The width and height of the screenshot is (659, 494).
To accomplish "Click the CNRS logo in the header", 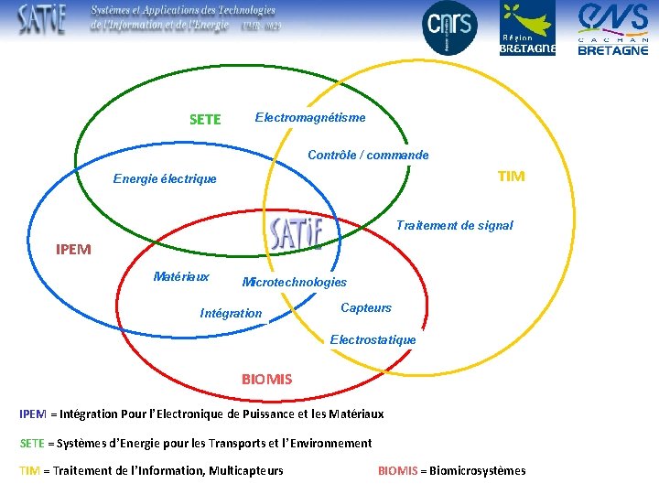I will click(x=449, y=28).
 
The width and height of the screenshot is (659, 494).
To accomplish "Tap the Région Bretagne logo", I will click(x=527, y=28).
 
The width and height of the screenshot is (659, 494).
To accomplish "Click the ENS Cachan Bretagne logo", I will click(x=613, y=28).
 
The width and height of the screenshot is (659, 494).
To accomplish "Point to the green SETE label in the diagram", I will click(x=205, y=119).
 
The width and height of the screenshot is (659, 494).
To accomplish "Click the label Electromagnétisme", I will click(x=310, y=117).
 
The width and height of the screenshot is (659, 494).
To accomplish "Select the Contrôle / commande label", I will click(x=368, y=155).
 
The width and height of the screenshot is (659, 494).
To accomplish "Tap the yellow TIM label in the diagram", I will click(x=511, y=176).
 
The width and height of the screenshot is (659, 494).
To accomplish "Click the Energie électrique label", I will click(x=165, y=178).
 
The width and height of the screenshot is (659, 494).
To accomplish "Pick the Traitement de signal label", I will click(x=454, y=225).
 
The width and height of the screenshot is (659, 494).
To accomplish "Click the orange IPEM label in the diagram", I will click(x=73, y=249).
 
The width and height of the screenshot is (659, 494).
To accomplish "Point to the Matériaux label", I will click(x=181, y=276).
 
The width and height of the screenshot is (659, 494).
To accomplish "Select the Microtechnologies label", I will click(x=294, y=282).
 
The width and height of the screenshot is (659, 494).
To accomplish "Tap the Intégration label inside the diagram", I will click(x=231, y=313).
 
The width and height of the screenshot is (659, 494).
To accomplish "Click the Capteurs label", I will click(x=366, y=307).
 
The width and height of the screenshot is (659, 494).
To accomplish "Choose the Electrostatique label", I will click(x=373, y=339).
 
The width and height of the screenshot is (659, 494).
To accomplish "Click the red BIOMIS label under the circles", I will click(x=266, y=379).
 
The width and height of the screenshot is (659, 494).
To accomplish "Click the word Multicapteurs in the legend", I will click(x=246, y=470).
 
